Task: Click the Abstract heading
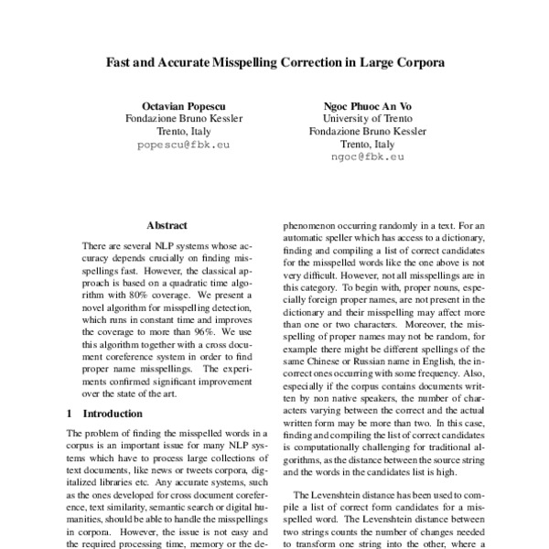(167, 225)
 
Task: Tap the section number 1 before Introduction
(71, 414)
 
